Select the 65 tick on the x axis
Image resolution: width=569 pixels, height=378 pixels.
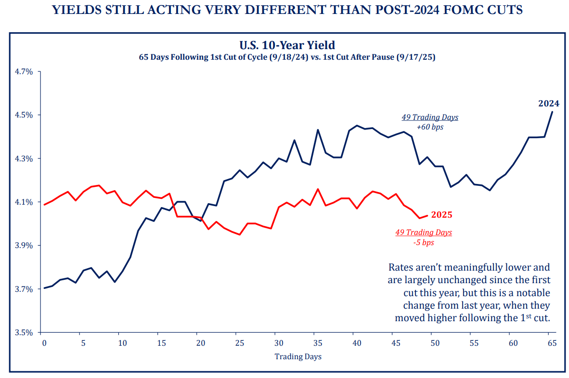click(552, 343)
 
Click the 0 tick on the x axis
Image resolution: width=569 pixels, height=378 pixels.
click(44, 343)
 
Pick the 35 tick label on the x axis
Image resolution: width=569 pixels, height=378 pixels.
click(317, 343)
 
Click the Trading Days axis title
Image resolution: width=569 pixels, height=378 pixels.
click(297, 357)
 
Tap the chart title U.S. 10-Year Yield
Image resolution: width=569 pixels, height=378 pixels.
click(287, 45)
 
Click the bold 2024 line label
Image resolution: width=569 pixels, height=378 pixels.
click(548, 103)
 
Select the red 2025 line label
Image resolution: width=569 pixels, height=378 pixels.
click(441, 215)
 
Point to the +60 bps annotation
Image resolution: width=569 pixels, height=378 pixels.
click(430, 128)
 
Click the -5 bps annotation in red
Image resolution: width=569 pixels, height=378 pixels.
click(424, 243)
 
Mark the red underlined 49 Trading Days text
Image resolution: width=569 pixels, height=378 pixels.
click(424, 233)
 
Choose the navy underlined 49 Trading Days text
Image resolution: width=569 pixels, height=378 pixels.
click(430, 117)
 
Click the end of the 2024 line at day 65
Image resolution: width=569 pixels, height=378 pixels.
click(552, 112)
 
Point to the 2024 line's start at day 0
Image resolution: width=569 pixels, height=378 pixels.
click(44, 288)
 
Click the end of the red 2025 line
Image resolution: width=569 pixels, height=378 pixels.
click(427, 215)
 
